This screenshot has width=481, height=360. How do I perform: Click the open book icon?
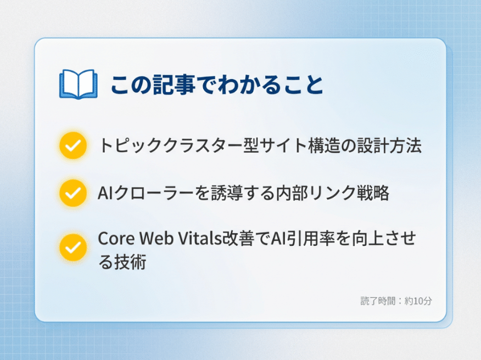[77, 84]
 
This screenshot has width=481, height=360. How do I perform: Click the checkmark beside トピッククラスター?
[72, 145]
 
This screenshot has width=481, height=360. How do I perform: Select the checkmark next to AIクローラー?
[72, 193]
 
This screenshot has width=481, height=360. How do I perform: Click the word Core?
[115, 239]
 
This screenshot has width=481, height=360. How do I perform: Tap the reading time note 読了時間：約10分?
[396, 301]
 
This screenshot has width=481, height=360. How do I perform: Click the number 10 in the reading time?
[418, 301]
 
